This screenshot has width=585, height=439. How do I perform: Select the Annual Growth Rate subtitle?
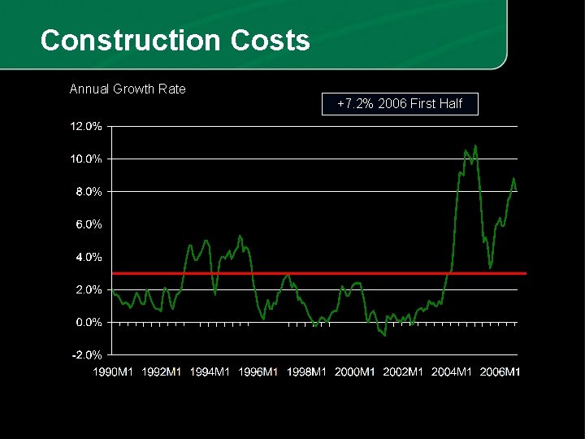click(x=128, y=89)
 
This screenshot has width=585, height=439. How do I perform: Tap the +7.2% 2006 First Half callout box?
click(x=400, y=104)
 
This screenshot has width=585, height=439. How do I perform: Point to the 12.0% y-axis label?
click(x=86, y=126)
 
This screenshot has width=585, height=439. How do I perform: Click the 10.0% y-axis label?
click(x=86, y=159)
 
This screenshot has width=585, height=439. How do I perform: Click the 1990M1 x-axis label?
click(x=113, y=372)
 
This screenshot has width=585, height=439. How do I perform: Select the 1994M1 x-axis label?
click(x=210, y=372)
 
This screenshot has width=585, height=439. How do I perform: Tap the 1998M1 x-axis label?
click(x=306, y=372)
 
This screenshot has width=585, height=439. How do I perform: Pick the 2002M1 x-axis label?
click(x=404, y=372)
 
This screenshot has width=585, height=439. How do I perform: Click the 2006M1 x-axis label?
click(x=500, y=372)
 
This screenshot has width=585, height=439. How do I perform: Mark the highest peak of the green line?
click(x=475, y=146)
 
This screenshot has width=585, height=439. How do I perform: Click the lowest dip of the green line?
click(x=384, y=334)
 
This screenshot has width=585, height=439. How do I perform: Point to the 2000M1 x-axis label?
click(x=355, y=372)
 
